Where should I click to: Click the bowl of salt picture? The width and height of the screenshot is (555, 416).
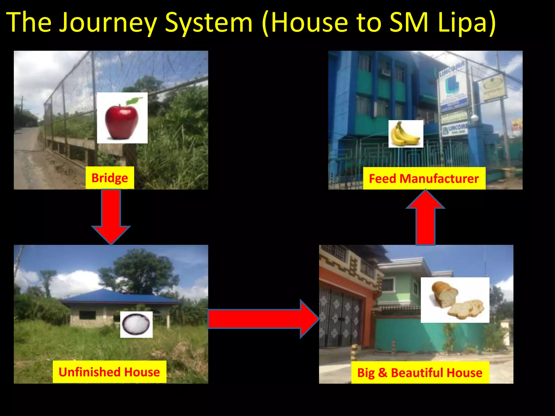136,324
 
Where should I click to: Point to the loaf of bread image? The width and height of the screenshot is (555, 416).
455,300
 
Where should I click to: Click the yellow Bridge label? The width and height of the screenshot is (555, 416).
110,178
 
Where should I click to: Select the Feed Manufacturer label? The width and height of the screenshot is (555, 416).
424,179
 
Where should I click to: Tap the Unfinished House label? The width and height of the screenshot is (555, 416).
109,372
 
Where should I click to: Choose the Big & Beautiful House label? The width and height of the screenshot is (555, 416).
420,373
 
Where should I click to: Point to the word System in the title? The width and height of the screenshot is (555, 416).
209,23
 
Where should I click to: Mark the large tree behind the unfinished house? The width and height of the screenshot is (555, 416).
141,271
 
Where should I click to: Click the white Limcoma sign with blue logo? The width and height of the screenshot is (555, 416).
453,89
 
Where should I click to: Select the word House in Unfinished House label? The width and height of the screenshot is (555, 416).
142,372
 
